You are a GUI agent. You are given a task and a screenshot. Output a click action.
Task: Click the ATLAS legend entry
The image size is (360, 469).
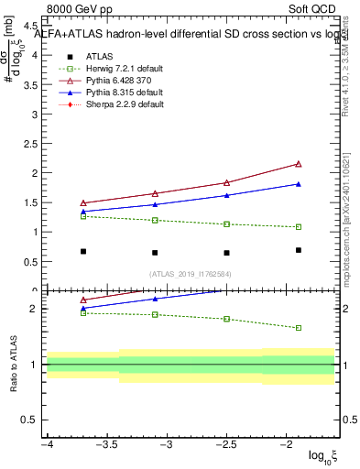click(x=100, y=56)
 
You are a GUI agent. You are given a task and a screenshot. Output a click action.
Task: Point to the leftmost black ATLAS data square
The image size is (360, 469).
click(x=83, y=251)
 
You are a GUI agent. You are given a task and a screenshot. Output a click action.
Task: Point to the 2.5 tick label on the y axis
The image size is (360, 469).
click(x=27, y=143)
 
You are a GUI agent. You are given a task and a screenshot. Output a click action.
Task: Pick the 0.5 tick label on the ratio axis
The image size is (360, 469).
click(x=27, y=420)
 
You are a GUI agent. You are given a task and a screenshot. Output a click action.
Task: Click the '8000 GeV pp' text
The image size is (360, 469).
click(x=82, y=9)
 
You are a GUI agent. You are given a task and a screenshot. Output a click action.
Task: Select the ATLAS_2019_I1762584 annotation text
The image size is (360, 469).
click(x=191, y=273)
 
